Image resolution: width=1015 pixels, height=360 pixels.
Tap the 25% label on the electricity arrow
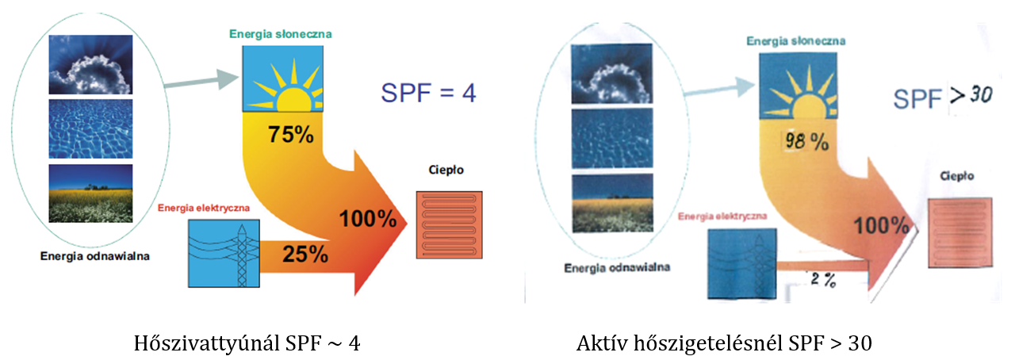coord(305,254)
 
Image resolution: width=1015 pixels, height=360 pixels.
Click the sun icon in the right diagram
coord(799,86)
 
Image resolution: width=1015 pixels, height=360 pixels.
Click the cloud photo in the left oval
coord(90,64)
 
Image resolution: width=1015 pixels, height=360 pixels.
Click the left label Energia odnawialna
coord(95,255)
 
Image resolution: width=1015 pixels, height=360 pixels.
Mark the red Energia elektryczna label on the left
coord(205,209)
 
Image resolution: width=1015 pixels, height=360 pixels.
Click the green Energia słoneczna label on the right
coord(795,40)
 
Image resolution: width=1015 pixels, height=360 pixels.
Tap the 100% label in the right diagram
coord(880,226)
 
